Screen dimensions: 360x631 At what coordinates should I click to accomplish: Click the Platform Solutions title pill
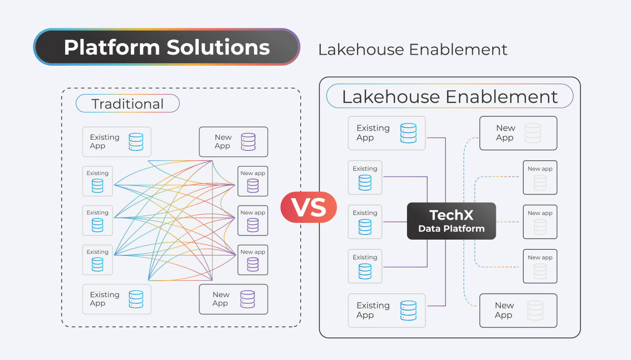click(166, 47)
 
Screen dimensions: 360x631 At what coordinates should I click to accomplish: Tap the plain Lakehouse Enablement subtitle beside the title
click(413, 50)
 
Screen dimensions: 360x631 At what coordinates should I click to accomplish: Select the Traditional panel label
click(128, 104)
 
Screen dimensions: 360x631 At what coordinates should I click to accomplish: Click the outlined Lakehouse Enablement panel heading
click(450, 97)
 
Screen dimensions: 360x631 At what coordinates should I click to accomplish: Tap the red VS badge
click(309, 207)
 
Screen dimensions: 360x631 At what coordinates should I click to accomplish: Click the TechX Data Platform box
click(451, 221)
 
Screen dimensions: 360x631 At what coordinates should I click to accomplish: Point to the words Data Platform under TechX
click(451, 229)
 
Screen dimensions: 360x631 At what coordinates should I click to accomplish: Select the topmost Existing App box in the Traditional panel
click(117, 141)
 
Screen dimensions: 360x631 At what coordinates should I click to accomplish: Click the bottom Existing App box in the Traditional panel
click(117, 299)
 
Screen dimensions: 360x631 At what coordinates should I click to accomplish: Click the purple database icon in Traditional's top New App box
click(248, 142)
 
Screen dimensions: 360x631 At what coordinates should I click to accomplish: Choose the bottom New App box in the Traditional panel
click(233, 299)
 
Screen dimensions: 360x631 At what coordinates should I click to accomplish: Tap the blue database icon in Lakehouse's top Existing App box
click(408, 133)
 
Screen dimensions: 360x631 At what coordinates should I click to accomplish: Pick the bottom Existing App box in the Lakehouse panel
click(386, 310)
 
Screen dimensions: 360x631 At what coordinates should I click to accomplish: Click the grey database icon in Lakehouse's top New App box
click(533, 133)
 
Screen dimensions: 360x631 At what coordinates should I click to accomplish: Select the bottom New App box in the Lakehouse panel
click(518, 310)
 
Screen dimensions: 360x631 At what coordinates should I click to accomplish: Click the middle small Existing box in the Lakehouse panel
click(365, 222)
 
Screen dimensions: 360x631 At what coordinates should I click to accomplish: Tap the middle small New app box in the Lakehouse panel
click(540, 222)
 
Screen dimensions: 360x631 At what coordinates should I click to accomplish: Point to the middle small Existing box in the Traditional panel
click(98, 220)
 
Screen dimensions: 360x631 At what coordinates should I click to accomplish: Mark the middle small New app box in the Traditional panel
click(253, 220)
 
